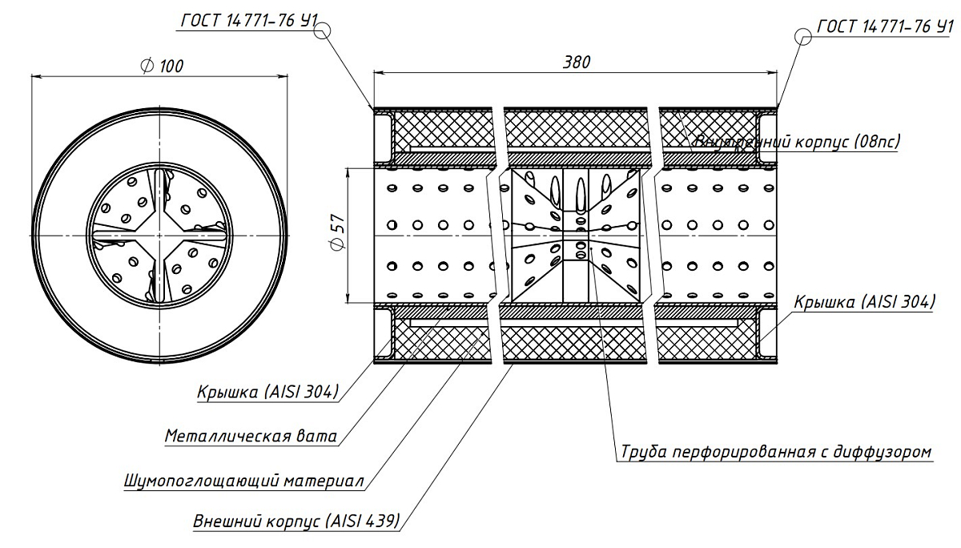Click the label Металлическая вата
[250, 437]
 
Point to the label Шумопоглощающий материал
[244, 482]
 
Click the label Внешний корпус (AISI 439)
[296, 522]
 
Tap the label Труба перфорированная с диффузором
[776, 452]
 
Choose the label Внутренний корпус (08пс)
[797, 142]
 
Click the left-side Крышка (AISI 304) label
[267, 392]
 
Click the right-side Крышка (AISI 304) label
[864, 302]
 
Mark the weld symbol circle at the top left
[323, 31]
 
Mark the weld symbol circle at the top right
[803, 35]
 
